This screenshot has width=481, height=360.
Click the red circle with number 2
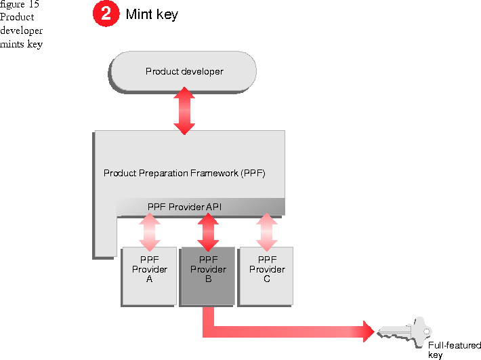point(106,14)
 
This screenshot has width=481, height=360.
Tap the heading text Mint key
point(152,14)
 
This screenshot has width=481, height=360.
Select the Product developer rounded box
point(184,71)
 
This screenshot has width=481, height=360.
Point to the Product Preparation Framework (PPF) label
point(184,173)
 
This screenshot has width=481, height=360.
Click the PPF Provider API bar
point(184,206)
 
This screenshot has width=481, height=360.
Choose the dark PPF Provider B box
point(208,276)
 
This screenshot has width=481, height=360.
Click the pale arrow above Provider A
point(150,231)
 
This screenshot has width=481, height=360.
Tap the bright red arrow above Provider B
point(208,231)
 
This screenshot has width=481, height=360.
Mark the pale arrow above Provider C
point(267,231)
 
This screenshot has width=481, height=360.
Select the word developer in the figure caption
point(21,31)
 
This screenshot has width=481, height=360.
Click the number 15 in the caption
point(33,4)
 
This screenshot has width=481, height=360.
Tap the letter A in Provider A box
point(149,279)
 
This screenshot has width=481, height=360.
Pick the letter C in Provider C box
point(267,279)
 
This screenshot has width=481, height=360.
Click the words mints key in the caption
point(21,44)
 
